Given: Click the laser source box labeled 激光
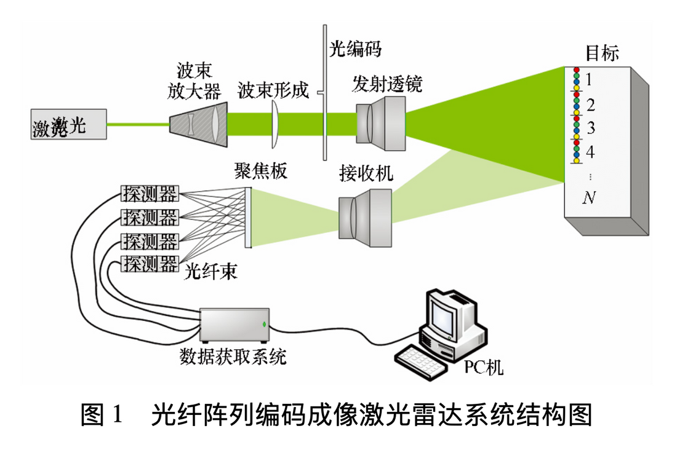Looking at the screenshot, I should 68,125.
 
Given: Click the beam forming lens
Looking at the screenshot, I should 275,125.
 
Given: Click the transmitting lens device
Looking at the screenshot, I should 380,125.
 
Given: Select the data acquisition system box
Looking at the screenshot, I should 234,325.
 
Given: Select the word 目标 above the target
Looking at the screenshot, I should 601,53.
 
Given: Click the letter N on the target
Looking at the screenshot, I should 590,198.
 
